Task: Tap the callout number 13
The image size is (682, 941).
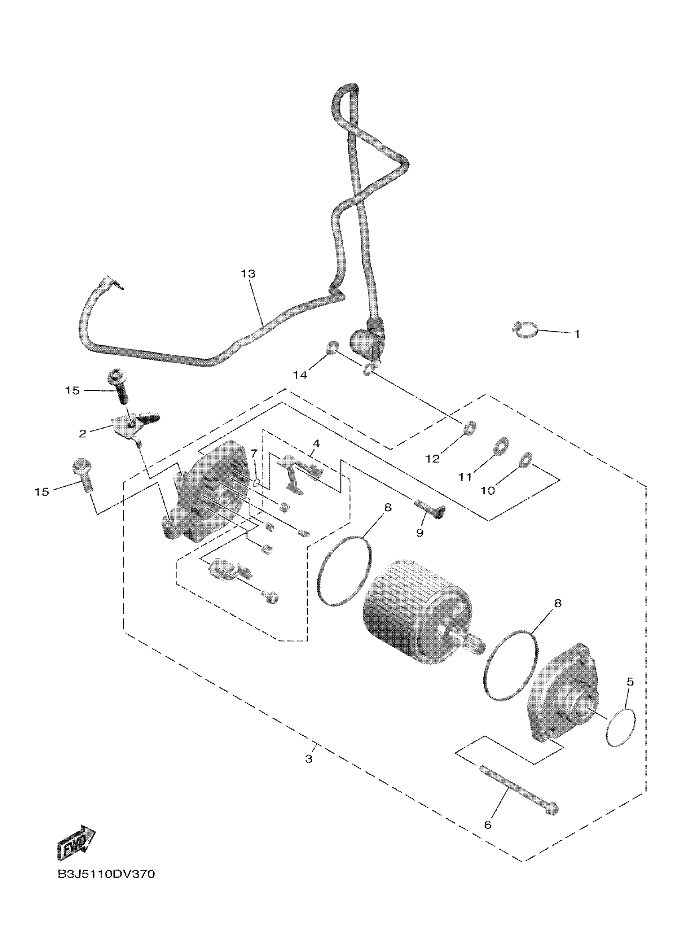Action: [248, 274]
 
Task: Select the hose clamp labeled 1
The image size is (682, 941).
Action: [525, 330]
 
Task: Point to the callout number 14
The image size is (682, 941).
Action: [300, 375]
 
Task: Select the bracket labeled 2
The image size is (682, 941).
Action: [132, 425]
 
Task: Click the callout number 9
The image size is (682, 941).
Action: [419, 533]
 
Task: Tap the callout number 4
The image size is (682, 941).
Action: [316, 443]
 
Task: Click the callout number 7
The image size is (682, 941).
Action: [254, 452]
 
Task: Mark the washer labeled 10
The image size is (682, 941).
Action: [526, 458]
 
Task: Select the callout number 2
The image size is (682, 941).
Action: [83, 433]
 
